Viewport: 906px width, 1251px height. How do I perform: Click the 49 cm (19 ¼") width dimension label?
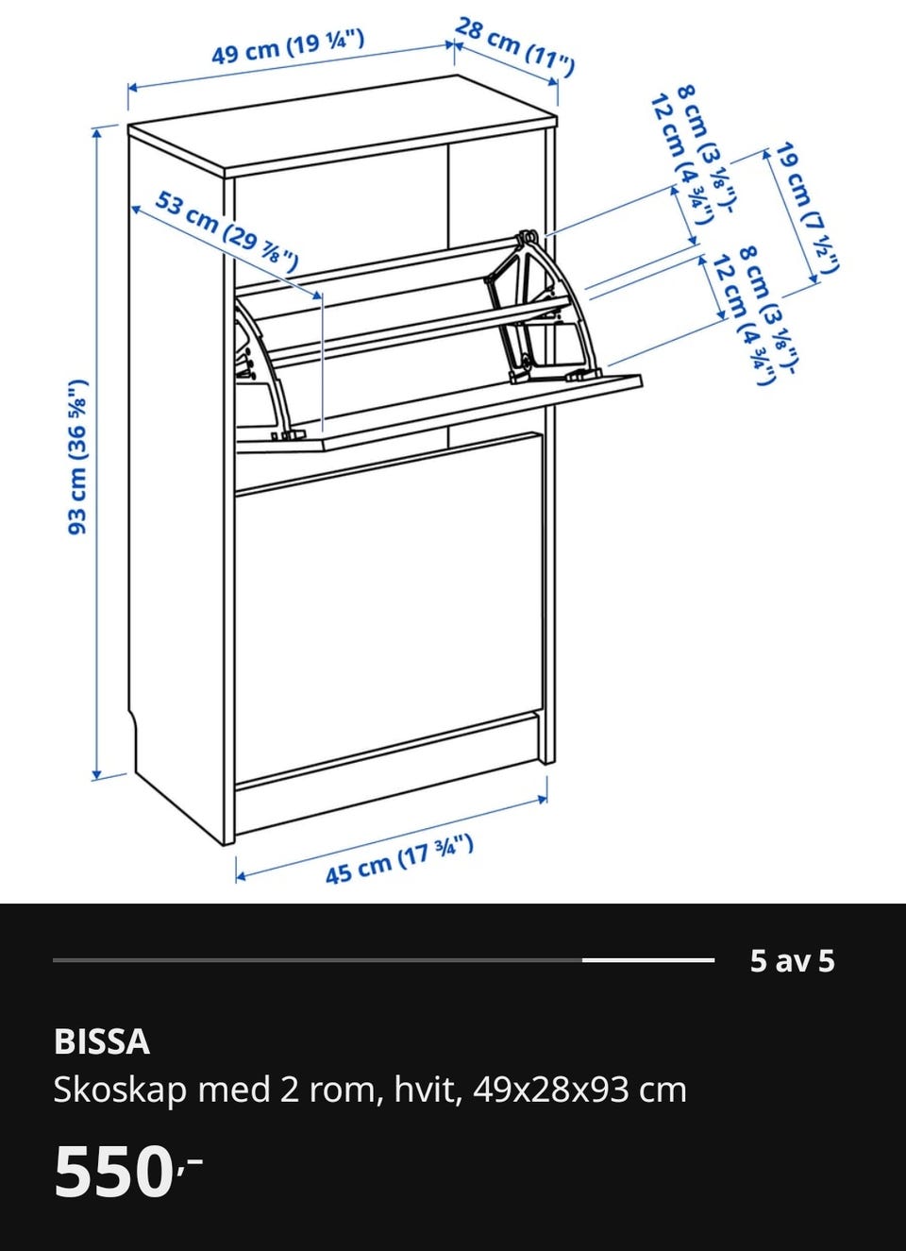(288, 48)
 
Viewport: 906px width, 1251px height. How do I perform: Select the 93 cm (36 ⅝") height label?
(78, 457)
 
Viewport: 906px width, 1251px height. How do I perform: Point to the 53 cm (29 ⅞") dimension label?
(226, 230)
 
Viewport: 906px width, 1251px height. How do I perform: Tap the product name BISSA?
(102, 1042)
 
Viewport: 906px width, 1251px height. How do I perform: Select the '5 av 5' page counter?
(792, 960)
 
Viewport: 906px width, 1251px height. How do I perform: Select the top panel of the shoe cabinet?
(343, 127)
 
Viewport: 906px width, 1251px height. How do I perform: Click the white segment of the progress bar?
(648, 960)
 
